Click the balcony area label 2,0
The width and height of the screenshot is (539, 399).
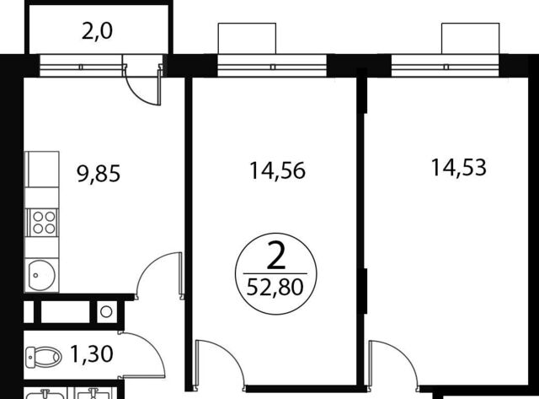coord(98,31)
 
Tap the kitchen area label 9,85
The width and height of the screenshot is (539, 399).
coord(99,173)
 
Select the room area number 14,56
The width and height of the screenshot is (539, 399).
coord(277,170)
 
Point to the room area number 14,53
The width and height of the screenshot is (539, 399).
coord(458,167)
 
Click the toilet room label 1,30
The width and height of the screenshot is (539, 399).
coord(92,354)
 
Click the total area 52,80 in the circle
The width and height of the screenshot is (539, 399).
coord(275,287)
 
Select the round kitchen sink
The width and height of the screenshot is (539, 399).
coord(41,275)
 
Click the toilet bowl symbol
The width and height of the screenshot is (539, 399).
coord(43,357)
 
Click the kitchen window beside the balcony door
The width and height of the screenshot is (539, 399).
coord(81,66)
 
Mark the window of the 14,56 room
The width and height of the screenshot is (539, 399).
coord(272,66)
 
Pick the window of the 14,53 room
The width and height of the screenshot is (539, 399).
coord(446,66)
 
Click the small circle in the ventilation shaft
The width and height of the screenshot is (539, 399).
coord(106,312)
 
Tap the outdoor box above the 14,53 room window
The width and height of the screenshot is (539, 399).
coord(470,38)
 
